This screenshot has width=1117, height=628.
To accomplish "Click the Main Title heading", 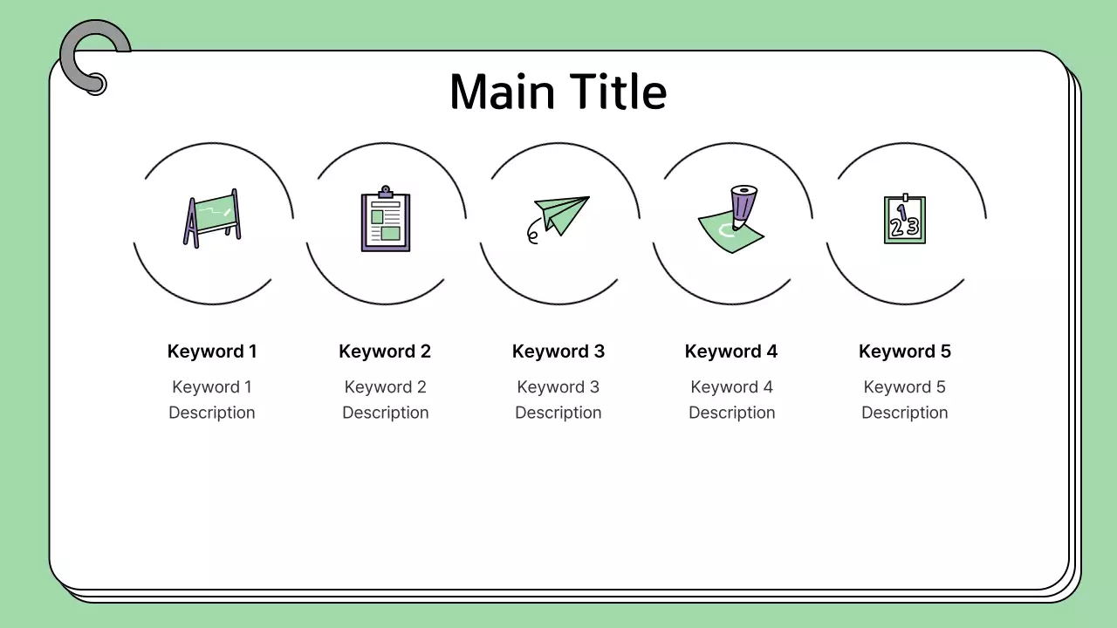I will pyautogui.click(x=558, y=92).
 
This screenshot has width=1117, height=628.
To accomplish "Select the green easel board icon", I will pyautogui.click(x=212, y=218).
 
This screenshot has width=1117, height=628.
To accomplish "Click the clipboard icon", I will pyautogui.click(x=386, y=220).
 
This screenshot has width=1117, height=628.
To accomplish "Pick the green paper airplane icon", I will pyautogui.click(x=561, y=215).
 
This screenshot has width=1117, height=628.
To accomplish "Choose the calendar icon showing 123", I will pyautogui.click(x=905, y=220).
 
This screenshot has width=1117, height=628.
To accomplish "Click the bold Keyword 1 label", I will pyautogui.click(x=212, y=352).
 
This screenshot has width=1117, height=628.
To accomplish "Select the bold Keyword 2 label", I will pyautogui.click(x=385, y=352).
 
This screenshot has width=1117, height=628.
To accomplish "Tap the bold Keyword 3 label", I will pyautogui.click(x=558, y=352).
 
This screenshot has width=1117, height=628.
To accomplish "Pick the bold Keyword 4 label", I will pyautogui.click(x=731, y=352).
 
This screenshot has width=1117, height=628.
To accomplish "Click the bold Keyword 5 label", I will pyautogui.click(x=905, y=352).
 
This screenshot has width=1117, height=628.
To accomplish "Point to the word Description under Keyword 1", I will pyautogui.click(x=212, y=413).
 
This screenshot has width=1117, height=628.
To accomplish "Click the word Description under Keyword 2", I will pyautogui.click(x=385, y=413).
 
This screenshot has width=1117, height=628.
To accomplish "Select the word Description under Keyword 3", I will pyautogui.click(x=558, y=413).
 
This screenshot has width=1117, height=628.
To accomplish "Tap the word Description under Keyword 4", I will pyautogui.click(x=731, y=413).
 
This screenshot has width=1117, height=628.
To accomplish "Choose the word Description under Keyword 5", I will pyautogui.click(x=905, y=413).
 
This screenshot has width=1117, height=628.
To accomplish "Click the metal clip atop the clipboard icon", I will pyautogui.click(x=386, y=191).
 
